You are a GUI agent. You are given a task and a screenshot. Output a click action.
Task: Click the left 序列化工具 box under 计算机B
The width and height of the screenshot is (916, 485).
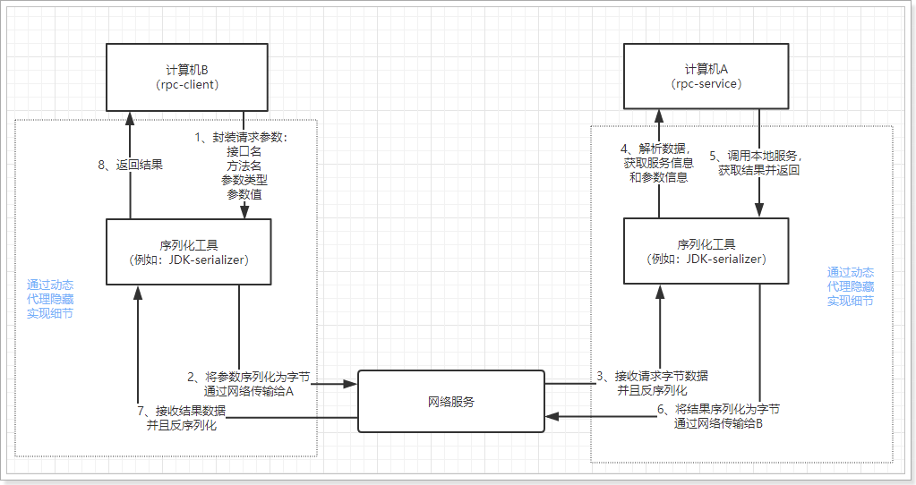[x=188, y=252]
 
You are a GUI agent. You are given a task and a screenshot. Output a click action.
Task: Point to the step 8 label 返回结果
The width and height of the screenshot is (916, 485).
[x=130, y=165]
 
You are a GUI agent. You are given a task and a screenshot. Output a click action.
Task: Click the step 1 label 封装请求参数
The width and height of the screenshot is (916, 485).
[x=244, y=138]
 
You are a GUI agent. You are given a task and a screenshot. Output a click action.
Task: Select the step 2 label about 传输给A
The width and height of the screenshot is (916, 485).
[x=248, y=384]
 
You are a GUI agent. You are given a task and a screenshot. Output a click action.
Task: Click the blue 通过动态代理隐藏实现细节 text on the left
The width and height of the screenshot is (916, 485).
[x=51, y=299]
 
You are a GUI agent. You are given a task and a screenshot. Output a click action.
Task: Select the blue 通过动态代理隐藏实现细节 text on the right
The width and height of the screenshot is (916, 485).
[x=851, y=286]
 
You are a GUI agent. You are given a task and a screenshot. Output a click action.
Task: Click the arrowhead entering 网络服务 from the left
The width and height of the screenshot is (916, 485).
[x=352, y=385]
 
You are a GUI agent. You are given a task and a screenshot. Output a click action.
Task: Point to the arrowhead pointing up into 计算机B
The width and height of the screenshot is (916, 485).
[x=130, y=115]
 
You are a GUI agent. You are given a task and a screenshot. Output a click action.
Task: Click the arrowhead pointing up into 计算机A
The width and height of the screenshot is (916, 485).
[x=658, y=115]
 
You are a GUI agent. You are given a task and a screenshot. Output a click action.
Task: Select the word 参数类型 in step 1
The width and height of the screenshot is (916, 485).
[x=244, y=180]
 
